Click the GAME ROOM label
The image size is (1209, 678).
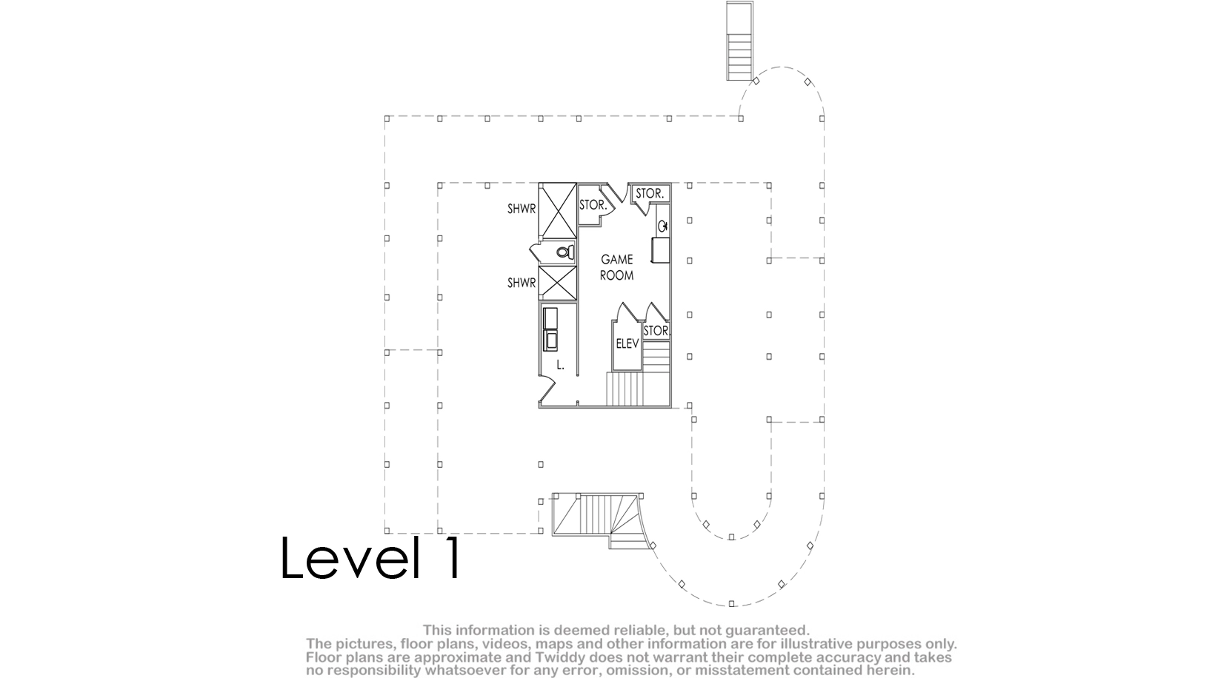(617, 267)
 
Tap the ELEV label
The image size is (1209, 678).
(627, 343)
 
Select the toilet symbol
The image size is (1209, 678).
(564, 252)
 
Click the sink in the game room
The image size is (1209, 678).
(663, 226)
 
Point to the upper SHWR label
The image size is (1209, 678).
(522, 209)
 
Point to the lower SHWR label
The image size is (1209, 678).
(522, 283)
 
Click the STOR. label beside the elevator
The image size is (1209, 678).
(657, 331)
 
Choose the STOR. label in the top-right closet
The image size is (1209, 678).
(649, 193)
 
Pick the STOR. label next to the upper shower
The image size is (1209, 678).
(593, 205)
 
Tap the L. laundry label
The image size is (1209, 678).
(560, 365)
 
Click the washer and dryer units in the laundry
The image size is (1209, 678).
(550, 329)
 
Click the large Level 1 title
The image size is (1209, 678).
(370, 557)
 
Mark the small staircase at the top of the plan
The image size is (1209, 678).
(739, 41)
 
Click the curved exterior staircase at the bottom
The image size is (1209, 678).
(600, 520)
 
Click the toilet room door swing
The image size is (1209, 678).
(537, 252)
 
